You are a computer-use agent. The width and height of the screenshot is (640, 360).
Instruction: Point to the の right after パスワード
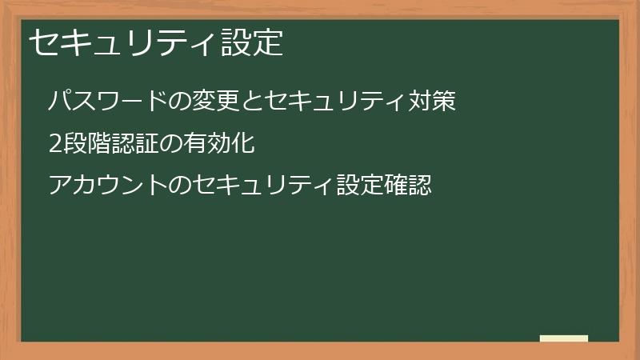click(x=162, y=102)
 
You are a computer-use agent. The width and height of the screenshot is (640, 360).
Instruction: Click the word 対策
click(x=432, y=101)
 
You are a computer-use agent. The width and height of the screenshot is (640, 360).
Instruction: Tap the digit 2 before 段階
click(x=54, y=144)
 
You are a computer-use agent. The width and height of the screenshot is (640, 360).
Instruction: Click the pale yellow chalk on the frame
click(x=564, y=338)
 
